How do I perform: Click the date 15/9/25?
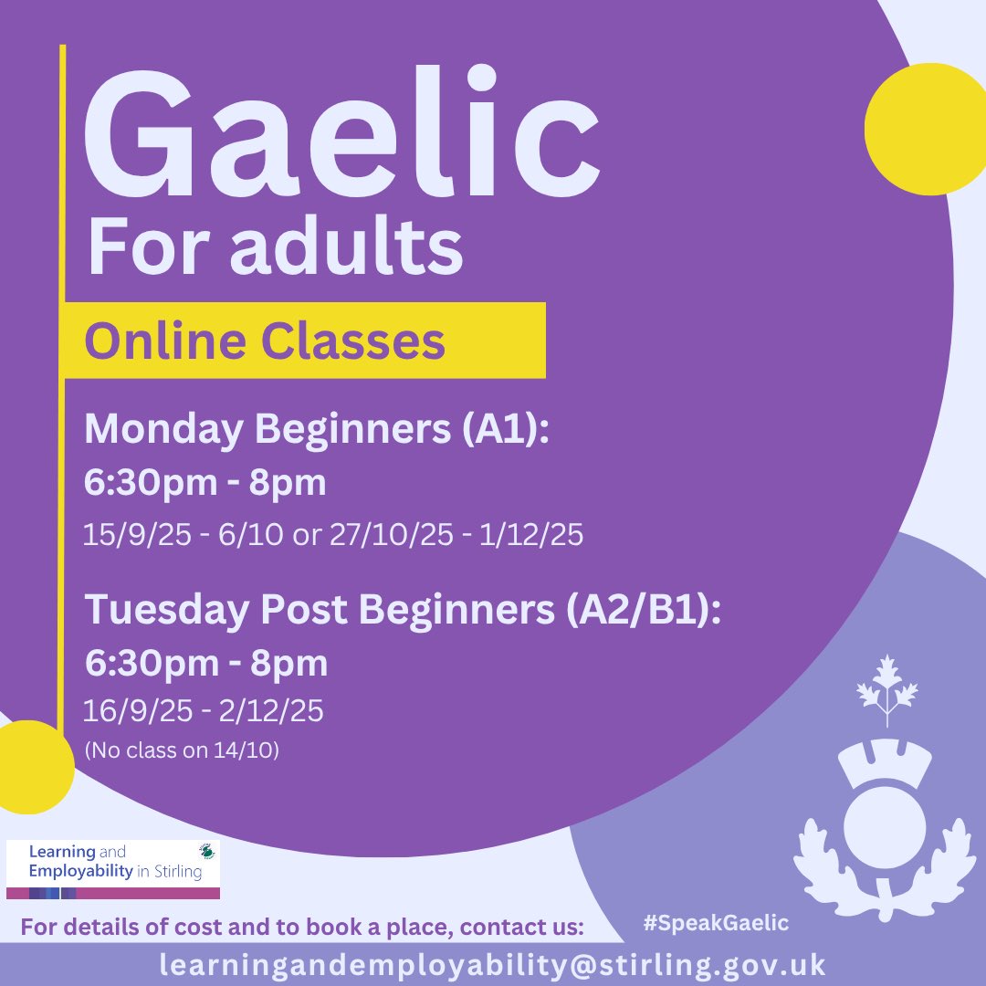click(x=136, y=535)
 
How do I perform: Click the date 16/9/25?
click(x=136, y=710)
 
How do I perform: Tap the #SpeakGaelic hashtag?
click(x=715, y=923)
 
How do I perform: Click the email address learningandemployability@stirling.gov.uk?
click(x=492, y=965)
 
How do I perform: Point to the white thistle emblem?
click(x=879, y=822)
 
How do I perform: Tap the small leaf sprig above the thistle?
click(x=885, y=690)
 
